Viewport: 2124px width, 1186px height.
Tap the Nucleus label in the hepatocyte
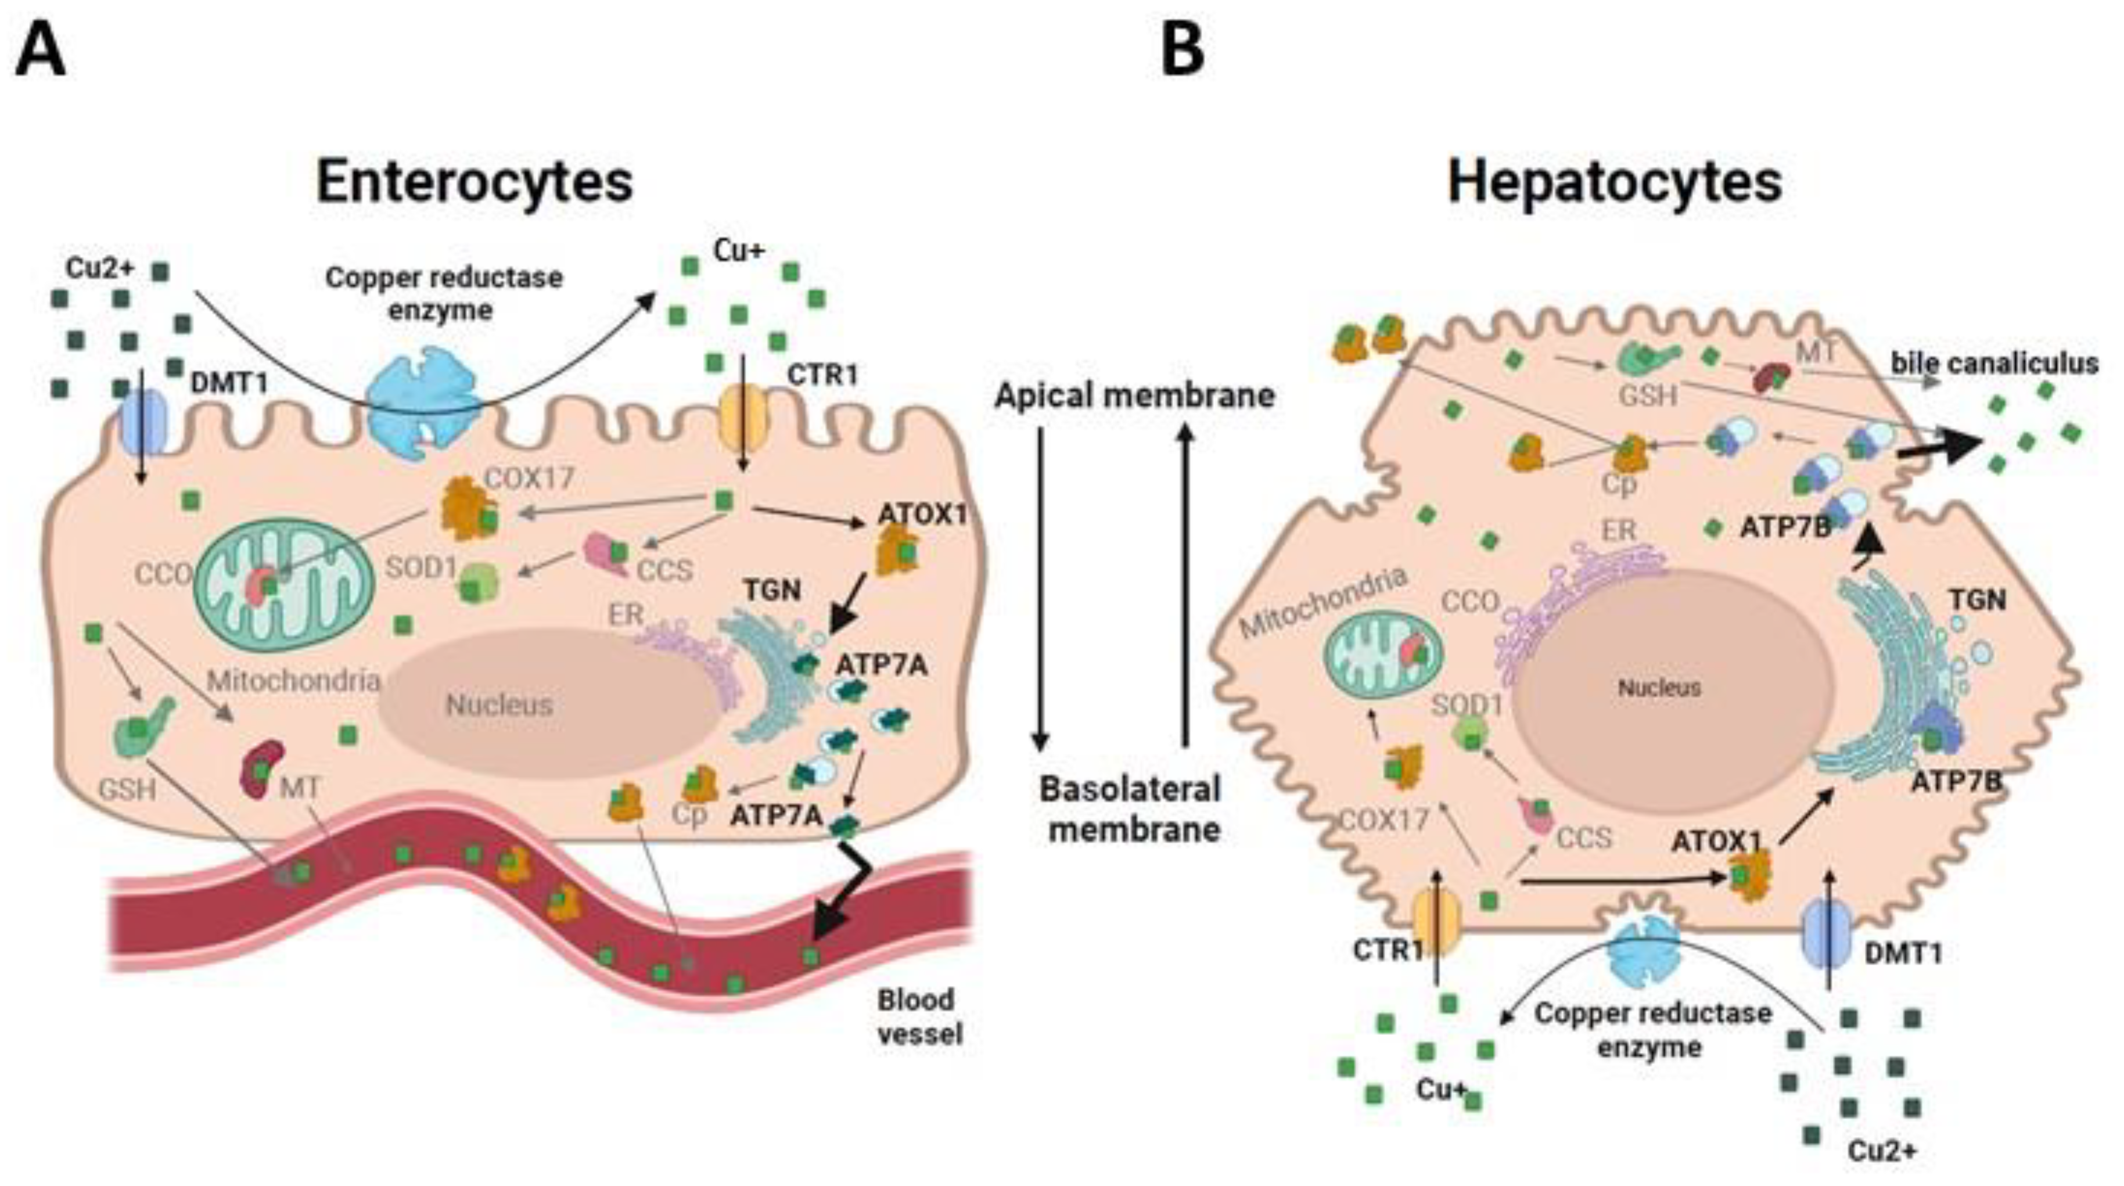tap(1659, 688)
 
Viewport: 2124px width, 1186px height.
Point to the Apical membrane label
tap(1134, 396)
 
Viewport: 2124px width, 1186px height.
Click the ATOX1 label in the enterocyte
tap(922, 515)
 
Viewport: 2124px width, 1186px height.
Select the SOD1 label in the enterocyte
tap(421, 567)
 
